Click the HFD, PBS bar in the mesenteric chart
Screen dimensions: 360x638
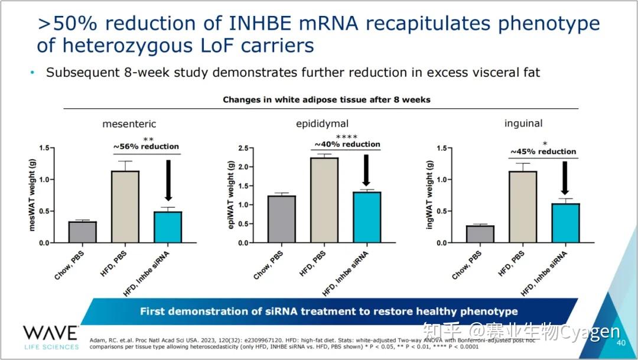[x=125, y=207]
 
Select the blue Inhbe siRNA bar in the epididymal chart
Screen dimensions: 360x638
[x=366, y=217]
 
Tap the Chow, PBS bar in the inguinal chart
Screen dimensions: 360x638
[x=480, y=234]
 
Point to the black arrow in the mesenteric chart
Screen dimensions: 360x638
[x=168, y=180]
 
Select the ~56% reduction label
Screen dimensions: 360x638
[x=146, y=146]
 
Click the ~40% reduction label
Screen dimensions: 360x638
[x=347, y=144]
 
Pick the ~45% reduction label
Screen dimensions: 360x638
[x=543, y=151]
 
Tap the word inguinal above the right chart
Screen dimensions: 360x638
[x=523, y=124]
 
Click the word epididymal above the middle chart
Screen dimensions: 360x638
[x=322, y=124]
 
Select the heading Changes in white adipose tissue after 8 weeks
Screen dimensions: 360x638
[x=326, y=99]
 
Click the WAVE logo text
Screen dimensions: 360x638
[x=51, y=333]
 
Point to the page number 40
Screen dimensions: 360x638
[x=621, y=343]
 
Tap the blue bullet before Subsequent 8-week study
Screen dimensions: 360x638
[x=32, y=73]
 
